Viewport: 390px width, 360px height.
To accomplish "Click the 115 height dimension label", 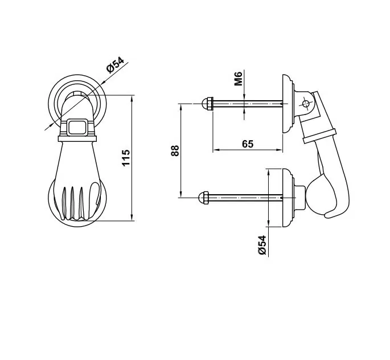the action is [x=126, y=158].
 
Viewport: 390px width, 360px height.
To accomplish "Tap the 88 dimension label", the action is [x=175, y=150].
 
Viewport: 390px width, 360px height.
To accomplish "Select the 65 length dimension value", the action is [x=248, y=144].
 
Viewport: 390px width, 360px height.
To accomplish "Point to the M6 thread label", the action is [x=239, y=79].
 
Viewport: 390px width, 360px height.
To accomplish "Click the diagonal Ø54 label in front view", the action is [x=115, y=65].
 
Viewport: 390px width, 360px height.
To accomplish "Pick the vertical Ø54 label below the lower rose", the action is [x=262, y=245].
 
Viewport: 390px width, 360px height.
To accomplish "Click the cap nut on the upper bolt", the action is [x=207, y=104].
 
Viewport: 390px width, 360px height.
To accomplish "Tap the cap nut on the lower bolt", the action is [x=204, y=198].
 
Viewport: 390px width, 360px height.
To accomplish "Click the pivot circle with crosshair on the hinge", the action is [x=306, y=104].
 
